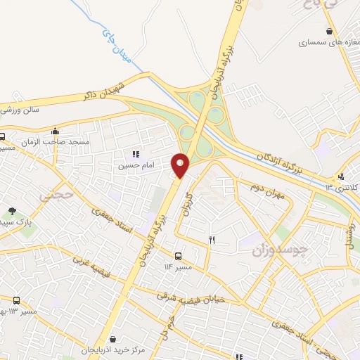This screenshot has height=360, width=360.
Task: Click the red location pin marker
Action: point(181,165)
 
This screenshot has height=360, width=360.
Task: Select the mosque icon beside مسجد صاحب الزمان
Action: point(56,131)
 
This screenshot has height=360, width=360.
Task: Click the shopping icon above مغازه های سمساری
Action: point(329,31)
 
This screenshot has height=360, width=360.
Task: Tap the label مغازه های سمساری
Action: point(323,42)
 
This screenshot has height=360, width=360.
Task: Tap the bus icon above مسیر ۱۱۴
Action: point(177,257)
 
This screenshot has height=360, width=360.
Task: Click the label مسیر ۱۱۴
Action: point(177,268)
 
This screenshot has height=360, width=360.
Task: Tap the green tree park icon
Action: point(12,211)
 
